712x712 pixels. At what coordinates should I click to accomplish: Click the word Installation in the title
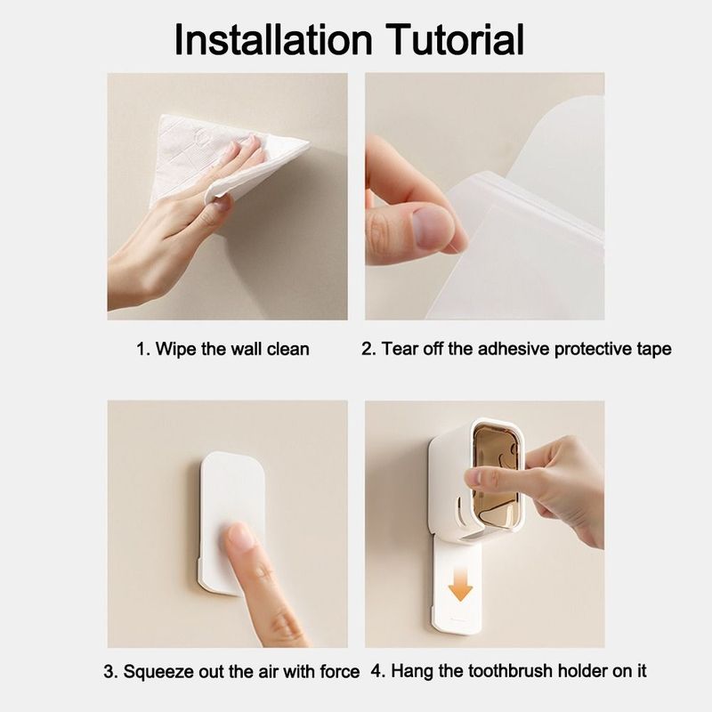tap(273, 39)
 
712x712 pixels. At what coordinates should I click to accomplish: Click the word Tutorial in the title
tap(455, 39)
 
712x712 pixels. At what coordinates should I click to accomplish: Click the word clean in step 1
tap(287, 349)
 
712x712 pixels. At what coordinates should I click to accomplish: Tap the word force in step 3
tap(340, 671)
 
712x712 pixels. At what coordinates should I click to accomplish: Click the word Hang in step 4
tap(410, 672)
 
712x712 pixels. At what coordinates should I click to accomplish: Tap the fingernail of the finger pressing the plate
tap(240, 535)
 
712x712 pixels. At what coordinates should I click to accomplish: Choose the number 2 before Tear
tap(367, 349)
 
